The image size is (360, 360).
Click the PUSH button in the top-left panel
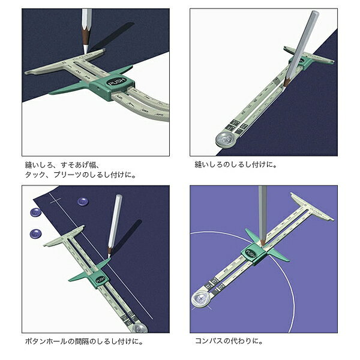click(117, 82)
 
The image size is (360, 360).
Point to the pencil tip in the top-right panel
click(284, 85)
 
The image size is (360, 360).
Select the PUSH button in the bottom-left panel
click(100, 280)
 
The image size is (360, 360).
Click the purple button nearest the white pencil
click(82, 202)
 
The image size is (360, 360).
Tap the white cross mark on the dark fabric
click(55, 202)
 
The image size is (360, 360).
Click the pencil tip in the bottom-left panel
click(109, 256)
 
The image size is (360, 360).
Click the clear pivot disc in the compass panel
click(200, 299)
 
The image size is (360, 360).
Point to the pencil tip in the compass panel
click(262, 244)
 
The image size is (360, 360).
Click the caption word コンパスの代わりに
click(229, 341)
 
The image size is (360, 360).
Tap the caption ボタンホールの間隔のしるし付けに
click(84, 341)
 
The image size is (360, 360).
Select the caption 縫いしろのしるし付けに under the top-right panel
click(236, 164)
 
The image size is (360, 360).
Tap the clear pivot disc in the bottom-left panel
click(139, 328)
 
